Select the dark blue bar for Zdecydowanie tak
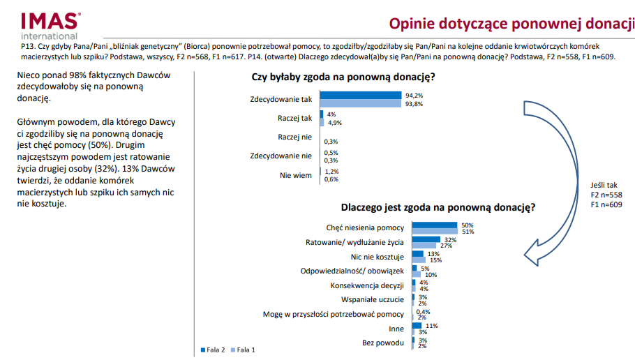pos(361,95)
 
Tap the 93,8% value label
pos(414,103)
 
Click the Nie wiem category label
pos(296,175)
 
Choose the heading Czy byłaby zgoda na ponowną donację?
pos(343,76)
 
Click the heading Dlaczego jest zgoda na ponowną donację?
pos(438,207)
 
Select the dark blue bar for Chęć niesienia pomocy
pos(435,225)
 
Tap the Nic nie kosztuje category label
pos(381,257)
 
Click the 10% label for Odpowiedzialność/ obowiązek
pos(431,275)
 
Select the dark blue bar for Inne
pos(417,326)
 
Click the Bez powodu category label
pos(383,343)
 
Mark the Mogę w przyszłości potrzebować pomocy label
pos(333,314)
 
